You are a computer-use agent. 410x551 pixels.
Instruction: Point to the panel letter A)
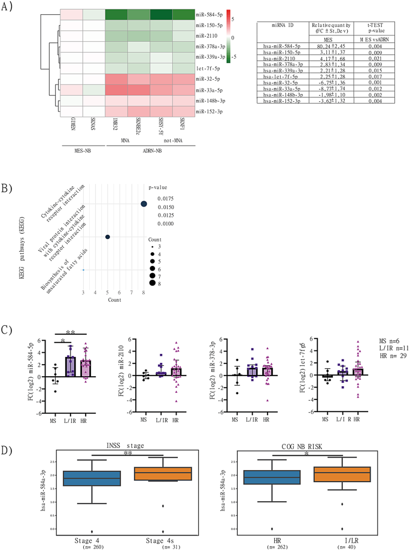pos(10,8)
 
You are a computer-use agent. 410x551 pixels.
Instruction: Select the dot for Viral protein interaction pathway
pos(107,237)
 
